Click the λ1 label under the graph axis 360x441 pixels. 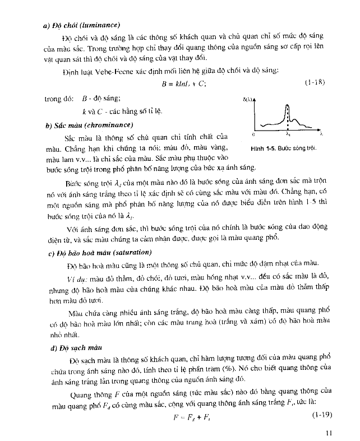coord(288,135)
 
